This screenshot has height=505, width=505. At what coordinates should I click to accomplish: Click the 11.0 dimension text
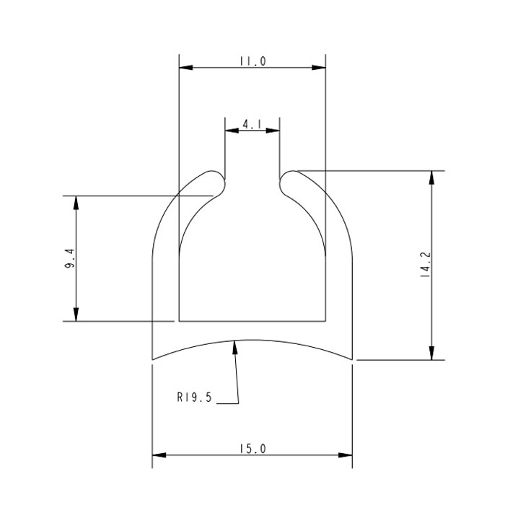tap(252, 62)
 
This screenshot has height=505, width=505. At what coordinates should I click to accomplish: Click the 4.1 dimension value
tap(252, 125)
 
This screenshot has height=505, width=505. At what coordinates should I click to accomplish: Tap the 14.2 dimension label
tap(425, 265)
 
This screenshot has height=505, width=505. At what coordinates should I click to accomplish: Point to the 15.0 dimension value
tap(252, 449)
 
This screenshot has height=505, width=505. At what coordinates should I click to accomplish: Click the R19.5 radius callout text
tap(193, 397)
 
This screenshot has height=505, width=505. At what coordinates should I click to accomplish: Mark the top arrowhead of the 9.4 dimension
tap(76, 202)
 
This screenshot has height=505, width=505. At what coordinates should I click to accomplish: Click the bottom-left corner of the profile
tap(153, 359)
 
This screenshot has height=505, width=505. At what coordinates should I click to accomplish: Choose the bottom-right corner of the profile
tap(351, 359)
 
